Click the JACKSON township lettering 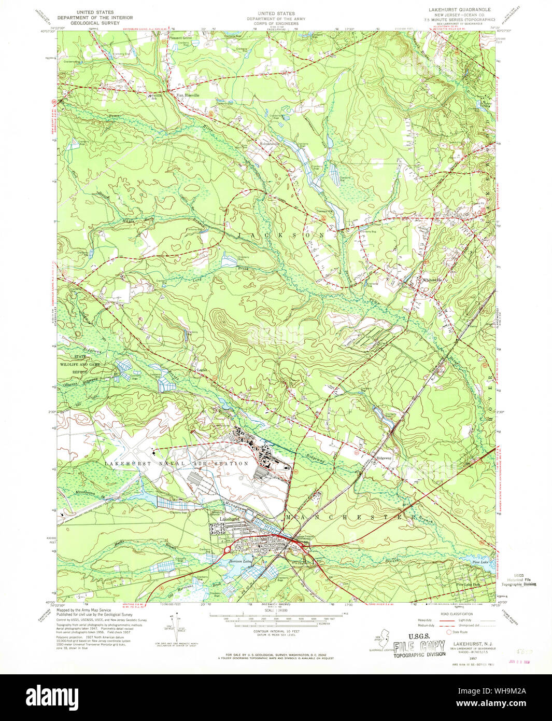pyautogui.click(x=282, y=235)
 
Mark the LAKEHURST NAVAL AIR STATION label pyautogui.click(x=176, y=463)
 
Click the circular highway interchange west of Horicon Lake pyautogui.click(x=227, y=550)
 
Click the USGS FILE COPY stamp pyautogui.click(x=419, y=647)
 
